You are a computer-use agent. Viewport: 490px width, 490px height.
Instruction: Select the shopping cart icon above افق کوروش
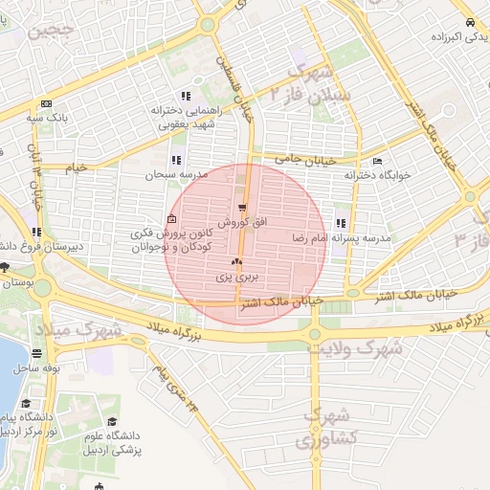pyautogui.click(x=242, y=207)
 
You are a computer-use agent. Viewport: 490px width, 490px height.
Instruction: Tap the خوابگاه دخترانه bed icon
pyautogui.click(x=377, y=161)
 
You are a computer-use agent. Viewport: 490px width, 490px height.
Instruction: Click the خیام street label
pyautogui.click(x=75, y=167)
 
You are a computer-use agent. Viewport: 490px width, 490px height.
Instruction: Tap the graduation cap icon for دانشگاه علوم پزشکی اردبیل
pyautogui.click(x=112, y=422)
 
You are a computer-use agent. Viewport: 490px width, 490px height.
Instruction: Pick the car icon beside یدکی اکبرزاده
pyautogui.click(x=468, y=23)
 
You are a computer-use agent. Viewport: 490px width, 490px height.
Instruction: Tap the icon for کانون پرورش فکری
pyautogui.click(x=172, y=221)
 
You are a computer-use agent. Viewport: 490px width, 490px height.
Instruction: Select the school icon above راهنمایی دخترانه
pyautogui.click(x=186, y=95)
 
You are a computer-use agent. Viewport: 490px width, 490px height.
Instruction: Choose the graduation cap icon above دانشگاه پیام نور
pyautogui.click(x=26, y=403)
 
